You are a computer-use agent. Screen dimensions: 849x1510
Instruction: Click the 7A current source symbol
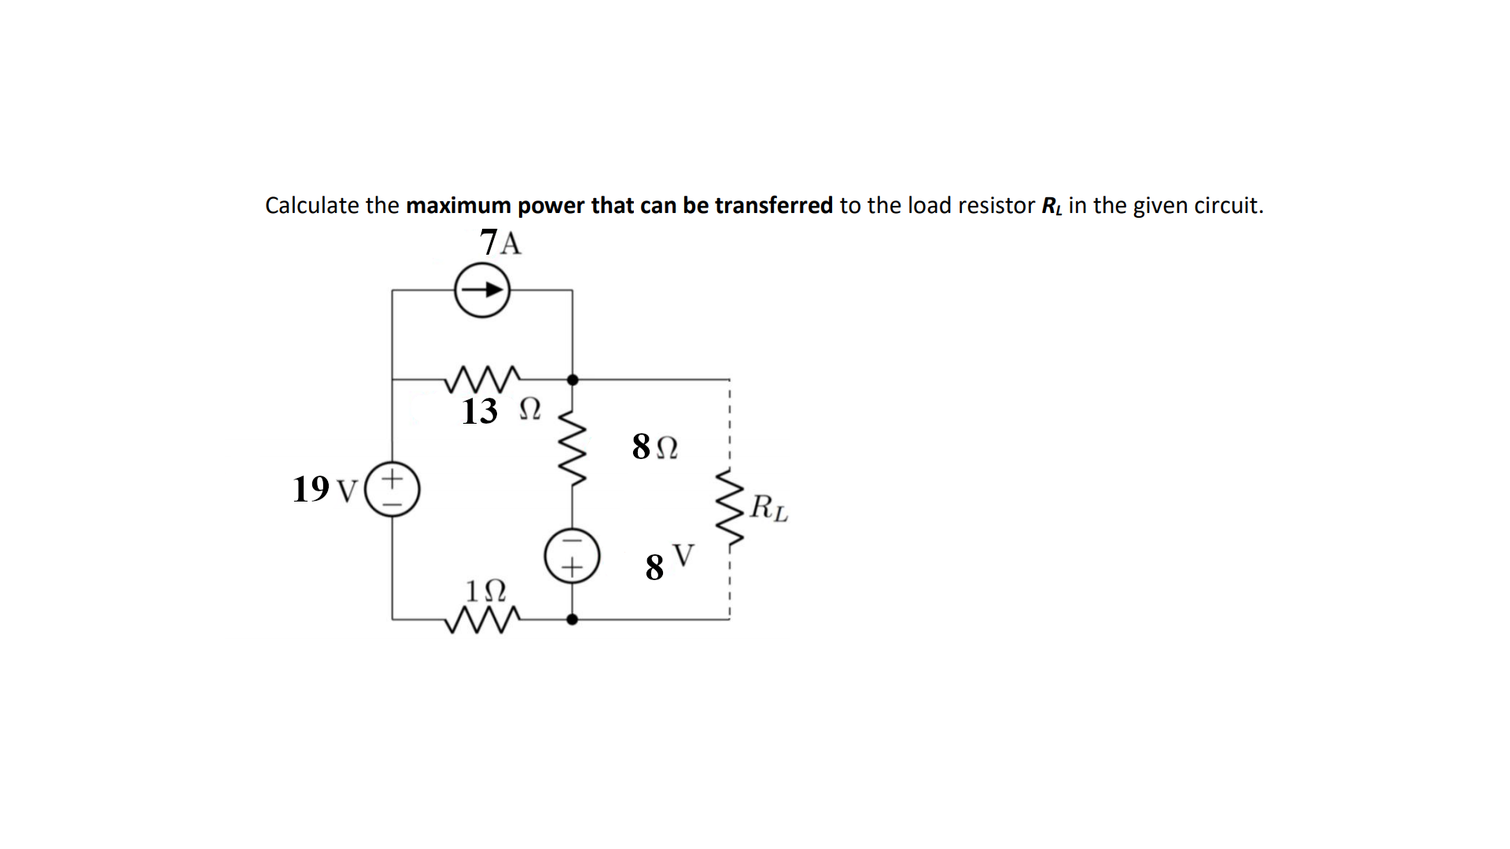(x=482, y=290)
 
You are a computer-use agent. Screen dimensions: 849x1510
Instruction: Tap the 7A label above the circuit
(x=500, y=243)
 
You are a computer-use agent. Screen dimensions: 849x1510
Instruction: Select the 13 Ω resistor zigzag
(x=481, y=379)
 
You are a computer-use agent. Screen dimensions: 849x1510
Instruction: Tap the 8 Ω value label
(x=654, y=447)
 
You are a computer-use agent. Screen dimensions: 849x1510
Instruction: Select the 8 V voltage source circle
(x=573, y=555)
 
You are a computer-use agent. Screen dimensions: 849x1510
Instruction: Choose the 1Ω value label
(x=485, y=590)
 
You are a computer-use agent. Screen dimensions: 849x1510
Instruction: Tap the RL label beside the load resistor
(x=768, y=508)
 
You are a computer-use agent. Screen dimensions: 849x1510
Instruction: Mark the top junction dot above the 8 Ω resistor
(x=573, y=380)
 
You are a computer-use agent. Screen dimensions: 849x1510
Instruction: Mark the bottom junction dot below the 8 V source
(x=573, y=619)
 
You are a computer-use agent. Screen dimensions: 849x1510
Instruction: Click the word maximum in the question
(x=459, y=206)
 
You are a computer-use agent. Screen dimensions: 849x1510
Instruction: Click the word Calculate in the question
(x=312, y=206)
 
